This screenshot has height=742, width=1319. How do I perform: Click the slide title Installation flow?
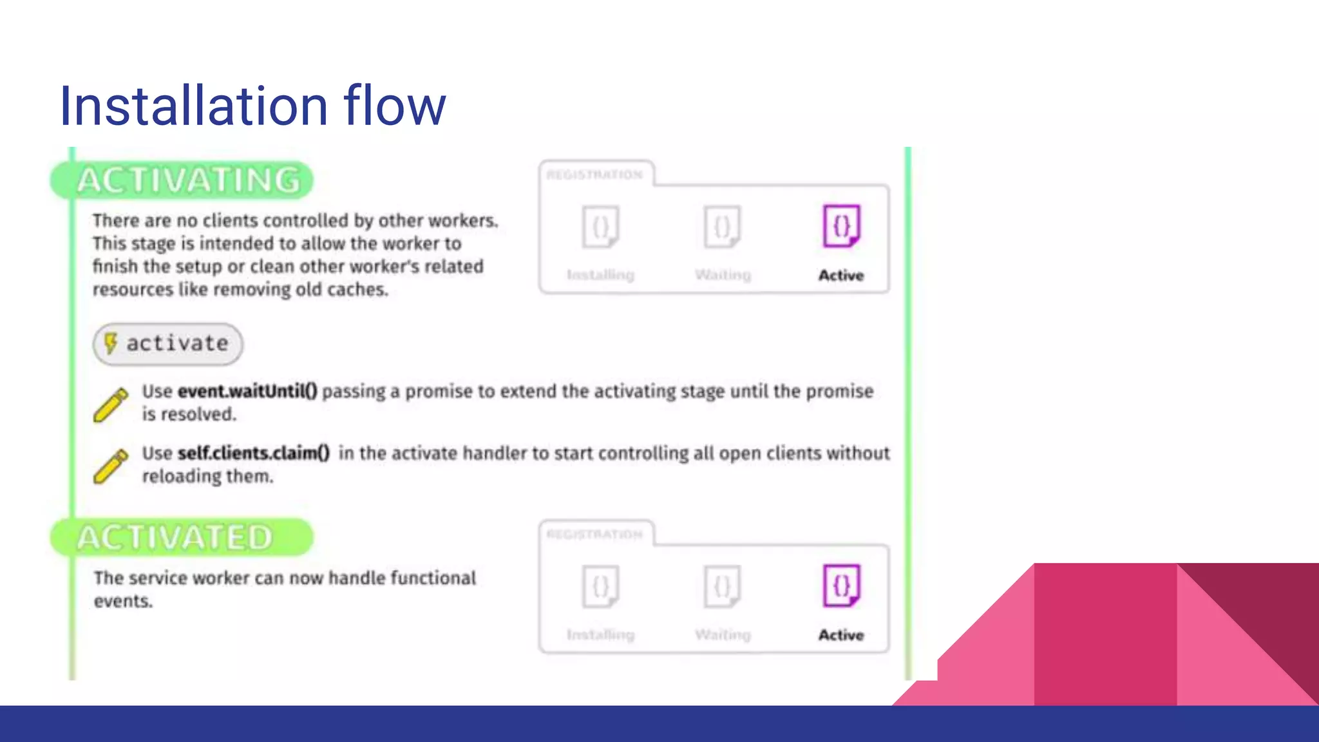252,106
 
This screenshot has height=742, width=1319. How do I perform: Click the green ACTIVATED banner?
181,537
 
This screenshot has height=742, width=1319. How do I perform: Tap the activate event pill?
168,344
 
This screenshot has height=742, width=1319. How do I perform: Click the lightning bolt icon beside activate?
111,343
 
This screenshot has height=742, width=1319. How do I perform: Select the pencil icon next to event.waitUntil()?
111,404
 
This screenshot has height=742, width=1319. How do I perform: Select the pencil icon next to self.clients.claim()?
111,466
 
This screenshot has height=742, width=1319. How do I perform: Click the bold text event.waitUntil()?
247,391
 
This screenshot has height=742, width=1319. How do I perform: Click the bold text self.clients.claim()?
254,453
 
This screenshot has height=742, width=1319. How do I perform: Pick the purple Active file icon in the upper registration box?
841,226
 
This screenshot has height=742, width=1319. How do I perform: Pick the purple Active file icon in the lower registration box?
841,585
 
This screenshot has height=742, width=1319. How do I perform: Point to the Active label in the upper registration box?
841,275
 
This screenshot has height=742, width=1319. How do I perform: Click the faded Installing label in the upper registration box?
600,275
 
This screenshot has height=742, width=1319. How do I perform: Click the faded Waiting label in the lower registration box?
723,634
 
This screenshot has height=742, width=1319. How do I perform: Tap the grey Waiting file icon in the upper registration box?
722,226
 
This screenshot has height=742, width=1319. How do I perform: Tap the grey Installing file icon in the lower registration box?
600,585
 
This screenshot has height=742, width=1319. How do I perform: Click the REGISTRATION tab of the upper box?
595,175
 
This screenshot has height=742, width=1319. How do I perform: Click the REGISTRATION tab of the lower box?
595,534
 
